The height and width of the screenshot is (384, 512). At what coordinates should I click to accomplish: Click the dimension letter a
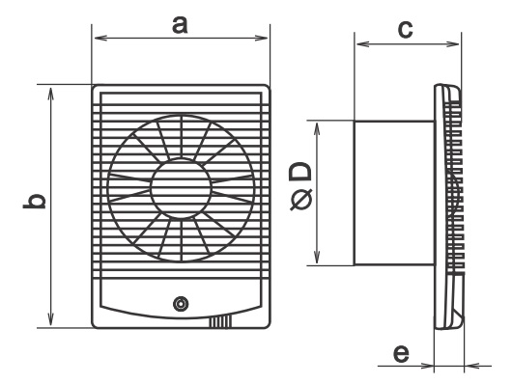pos(180,25)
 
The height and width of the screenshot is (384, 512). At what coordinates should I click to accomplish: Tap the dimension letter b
pos(34,201)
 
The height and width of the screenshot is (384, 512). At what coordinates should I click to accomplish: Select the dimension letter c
pos(405,29)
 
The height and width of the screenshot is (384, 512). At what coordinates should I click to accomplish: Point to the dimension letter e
pos(401,354)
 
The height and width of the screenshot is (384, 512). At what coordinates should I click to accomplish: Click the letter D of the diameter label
pos(300,173)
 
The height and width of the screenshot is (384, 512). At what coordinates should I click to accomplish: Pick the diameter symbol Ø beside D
pos(301,200)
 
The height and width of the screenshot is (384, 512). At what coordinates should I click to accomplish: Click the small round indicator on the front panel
pos(181,304)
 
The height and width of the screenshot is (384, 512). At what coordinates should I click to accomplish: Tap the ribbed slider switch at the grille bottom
pos(220,321)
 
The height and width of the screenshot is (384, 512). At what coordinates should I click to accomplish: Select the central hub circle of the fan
pos(182,188)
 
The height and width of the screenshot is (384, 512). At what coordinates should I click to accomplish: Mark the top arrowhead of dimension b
pos(50,94)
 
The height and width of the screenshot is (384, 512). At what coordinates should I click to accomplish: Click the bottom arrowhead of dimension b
pos(50,319)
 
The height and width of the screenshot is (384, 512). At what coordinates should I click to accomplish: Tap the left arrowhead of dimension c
pos(363,43)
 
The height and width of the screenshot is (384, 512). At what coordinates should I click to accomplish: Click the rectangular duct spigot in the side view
pos(394,193)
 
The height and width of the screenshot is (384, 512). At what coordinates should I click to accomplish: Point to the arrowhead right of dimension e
pos(471,366)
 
